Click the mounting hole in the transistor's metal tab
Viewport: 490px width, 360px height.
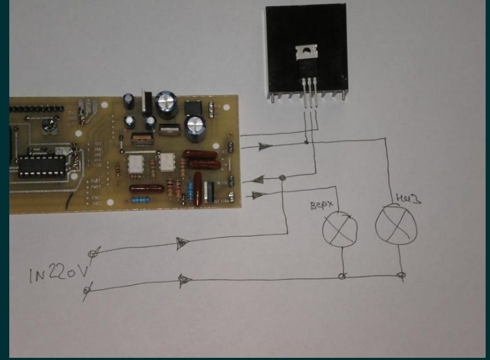[306, 52]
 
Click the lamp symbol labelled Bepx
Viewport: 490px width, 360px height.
[340, 228]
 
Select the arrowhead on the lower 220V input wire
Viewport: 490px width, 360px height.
[184, 280]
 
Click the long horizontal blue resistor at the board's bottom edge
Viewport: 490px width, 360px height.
[140, 200]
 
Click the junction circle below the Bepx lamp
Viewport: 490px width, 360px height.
[342, 276]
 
